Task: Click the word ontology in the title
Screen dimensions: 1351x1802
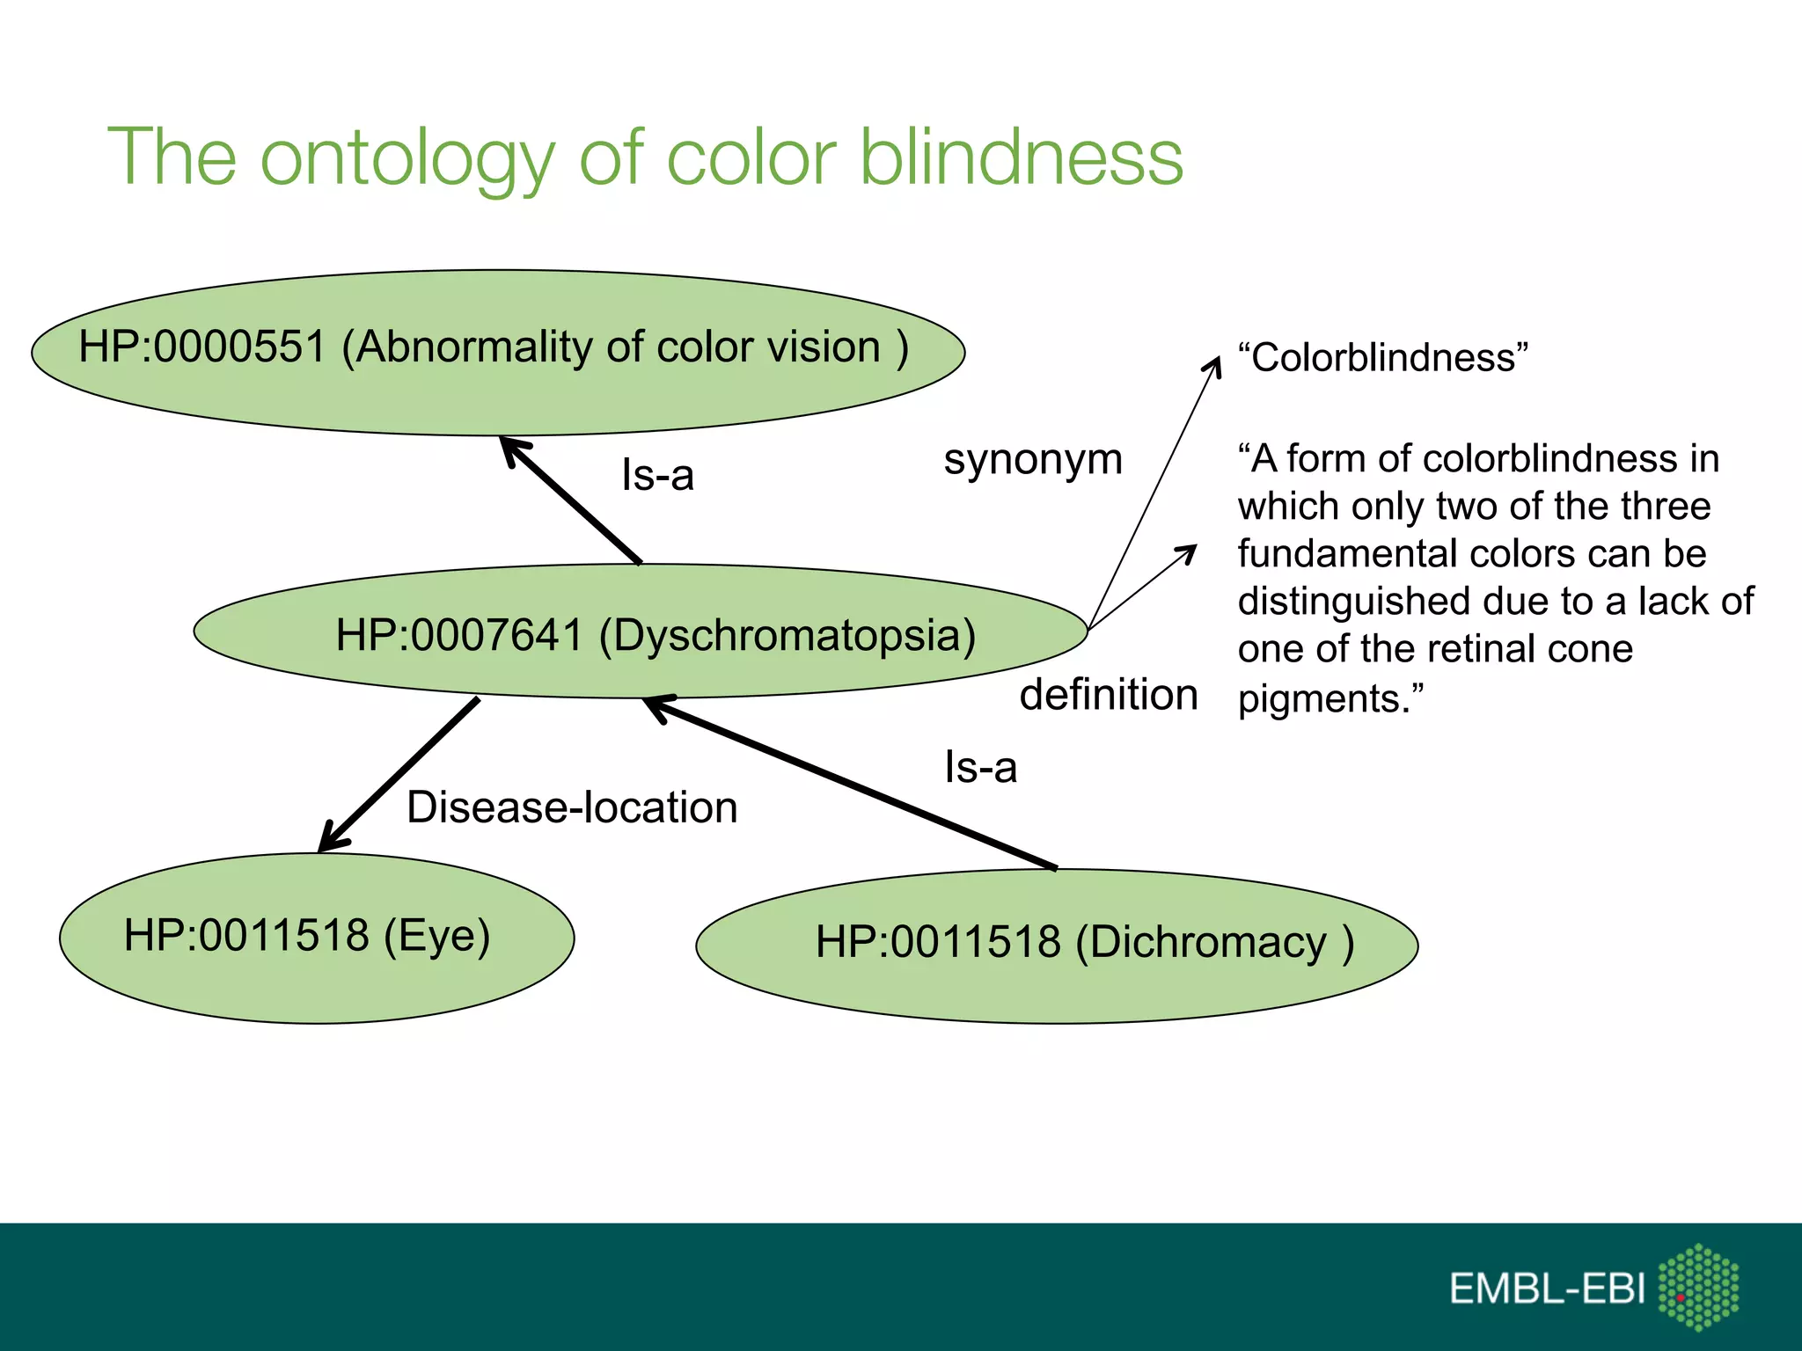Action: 407,158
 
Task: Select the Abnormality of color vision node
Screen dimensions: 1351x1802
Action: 497,352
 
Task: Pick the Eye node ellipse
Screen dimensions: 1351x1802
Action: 317,938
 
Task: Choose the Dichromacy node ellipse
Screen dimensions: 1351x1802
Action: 1056,945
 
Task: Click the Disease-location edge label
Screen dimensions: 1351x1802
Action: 572,807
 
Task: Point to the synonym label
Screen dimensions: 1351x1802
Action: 1033,460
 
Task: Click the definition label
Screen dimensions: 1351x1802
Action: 1109,695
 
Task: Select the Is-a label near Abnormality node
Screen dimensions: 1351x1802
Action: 657,476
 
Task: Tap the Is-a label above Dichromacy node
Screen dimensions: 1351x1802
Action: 980,768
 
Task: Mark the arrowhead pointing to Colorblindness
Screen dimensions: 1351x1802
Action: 1214,364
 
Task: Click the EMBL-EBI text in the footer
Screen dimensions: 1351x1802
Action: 1547,1289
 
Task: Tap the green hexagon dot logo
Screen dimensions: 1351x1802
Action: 1698,1287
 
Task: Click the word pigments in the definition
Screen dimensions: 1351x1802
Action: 1325,699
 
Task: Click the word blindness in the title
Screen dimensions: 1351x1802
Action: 1021,158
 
